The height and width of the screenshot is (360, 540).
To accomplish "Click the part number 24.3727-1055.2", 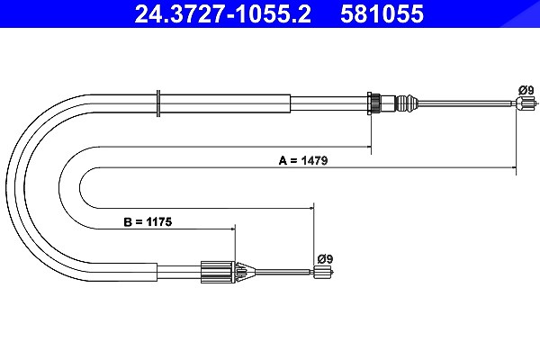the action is coord(223,13).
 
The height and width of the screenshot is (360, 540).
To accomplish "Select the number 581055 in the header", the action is coord(382,13).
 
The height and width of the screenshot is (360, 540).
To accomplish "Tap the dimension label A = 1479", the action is coord(303,160).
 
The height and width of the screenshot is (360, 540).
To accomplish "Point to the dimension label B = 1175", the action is coord(148,221).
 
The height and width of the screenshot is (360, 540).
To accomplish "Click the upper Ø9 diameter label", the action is coord(526,90).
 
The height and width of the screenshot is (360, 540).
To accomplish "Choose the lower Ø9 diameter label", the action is coord(325,258).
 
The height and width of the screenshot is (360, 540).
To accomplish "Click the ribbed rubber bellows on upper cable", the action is coord(407,103).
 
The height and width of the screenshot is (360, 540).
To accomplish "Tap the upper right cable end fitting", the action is coord(526,103).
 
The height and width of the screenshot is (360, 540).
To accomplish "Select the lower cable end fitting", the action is coord(323,272).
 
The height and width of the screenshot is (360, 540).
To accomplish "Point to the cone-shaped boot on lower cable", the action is coord(245,272).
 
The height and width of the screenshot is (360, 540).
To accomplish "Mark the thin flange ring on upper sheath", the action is coord(158,103).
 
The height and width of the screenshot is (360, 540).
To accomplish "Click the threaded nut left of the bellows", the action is coord(373,103).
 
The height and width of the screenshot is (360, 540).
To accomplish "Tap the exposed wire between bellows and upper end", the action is coord(466,102).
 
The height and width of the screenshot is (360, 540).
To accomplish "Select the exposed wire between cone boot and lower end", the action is coord(284,272).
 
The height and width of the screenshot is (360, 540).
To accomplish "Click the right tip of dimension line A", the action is coord(516,167).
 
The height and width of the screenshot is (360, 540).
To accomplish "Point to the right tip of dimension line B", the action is coord(235,229).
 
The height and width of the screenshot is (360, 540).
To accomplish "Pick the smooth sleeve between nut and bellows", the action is coord(388,103).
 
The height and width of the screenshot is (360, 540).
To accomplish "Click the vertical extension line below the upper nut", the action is coord(371,134).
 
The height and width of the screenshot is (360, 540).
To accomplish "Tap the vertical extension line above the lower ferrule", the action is coord(235,244).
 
